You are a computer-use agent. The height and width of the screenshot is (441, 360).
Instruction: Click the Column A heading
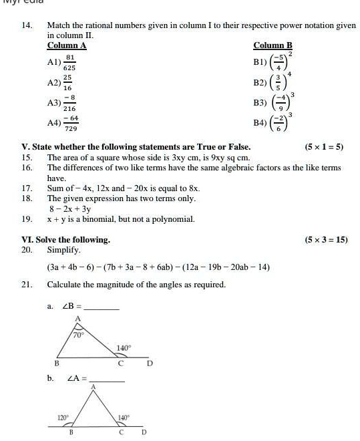(66, 45)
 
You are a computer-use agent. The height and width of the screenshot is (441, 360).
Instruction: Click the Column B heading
(273, 45)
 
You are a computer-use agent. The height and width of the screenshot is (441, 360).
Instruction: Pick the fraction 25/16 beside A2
(67, 83)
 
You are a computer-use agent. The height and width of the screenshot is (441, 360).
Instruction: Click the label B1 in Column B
(260, 61)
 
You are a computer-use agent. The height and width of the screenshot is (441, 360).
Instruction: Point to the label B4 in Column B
(260, 124)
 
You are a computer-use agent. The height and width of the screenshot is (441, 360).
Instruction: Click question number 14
(27, 25)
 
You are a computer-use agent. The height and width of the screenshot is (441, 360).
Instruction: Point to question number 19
(27, 219)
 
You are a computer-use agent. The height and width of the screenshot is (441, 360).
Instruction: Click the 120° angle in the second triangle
(63, 418)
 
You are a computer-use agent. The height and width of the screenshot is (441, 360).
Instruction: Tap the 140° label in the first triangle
(124, 348)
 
